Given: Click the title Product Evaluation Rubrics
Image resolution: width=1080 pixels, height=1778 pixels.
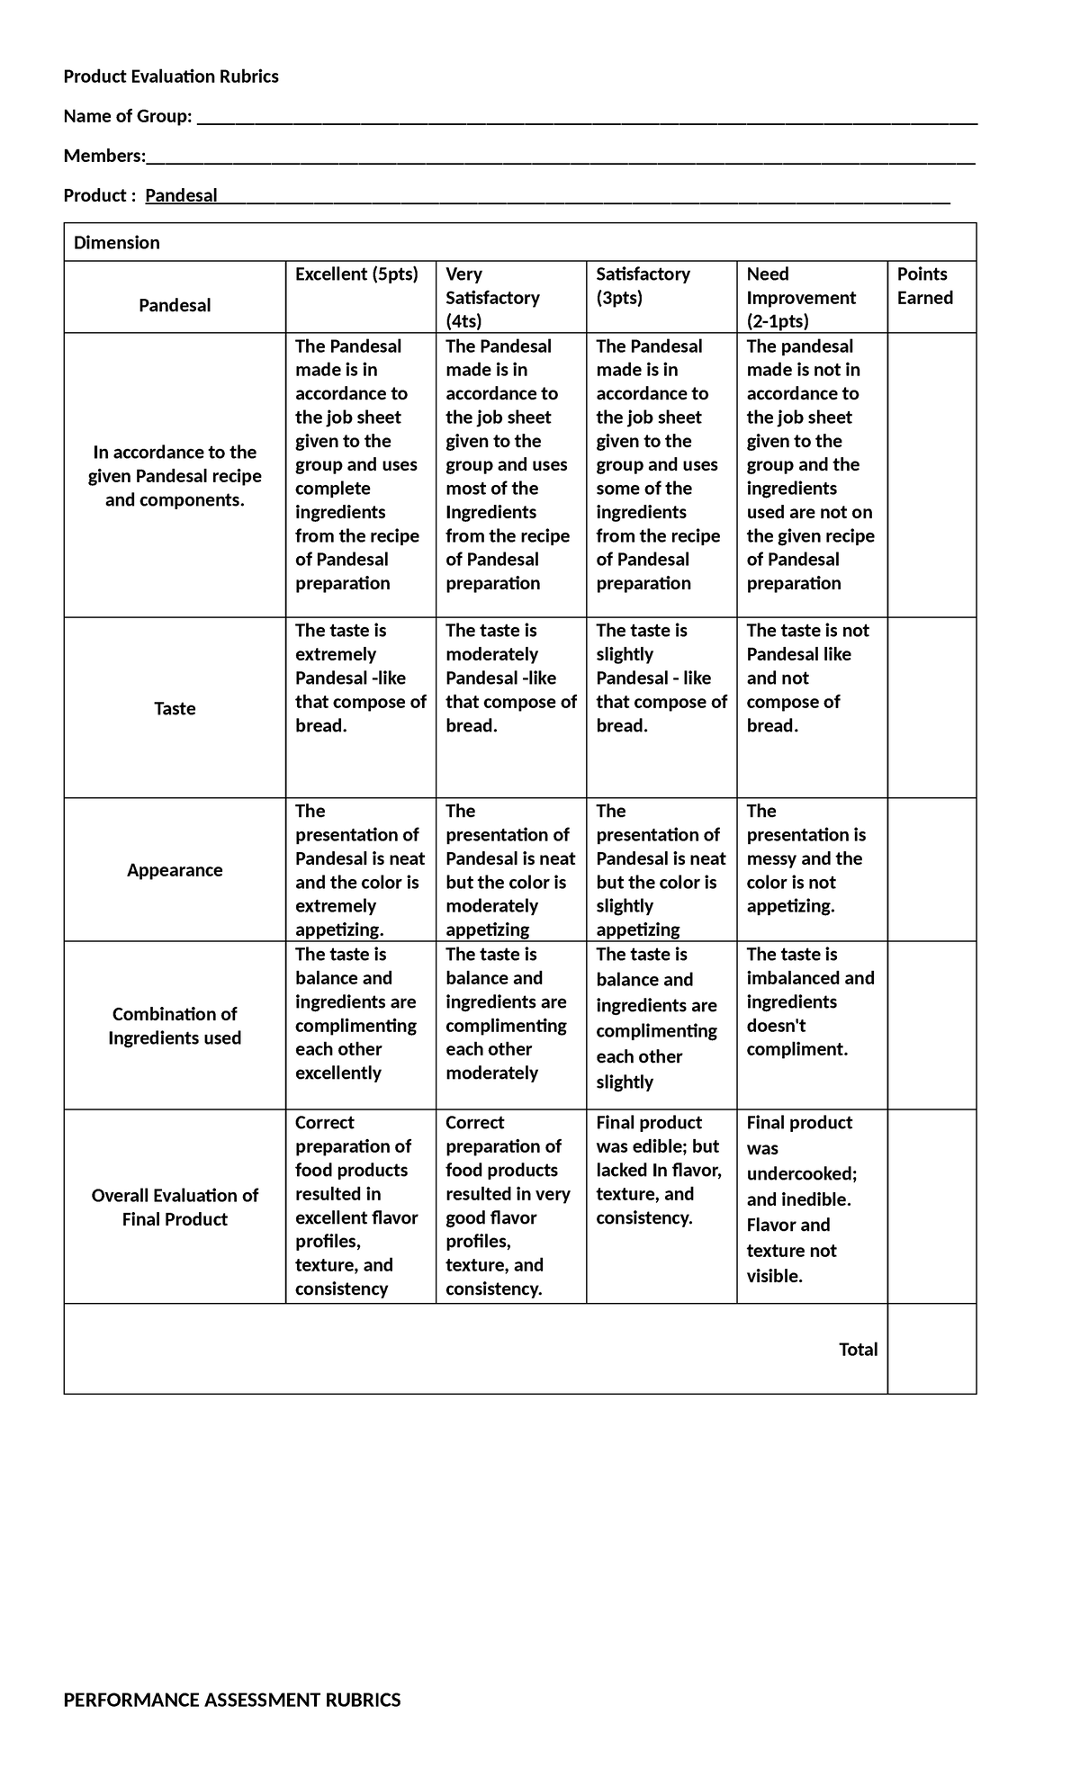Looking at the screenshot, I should [171, 76].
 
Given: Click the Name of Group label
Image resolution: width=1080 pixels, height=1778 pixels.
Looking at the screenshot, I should [128, 116].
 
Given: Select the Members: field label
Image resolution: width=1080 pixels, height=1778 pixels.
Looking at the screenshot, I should [104, 156].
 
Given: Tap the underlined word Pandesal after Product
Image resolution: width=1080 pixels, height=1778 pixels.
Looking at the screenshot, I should [181, 195].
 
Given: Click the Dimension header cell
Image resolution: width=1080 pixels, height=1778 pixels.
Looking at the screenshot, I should [117, 243].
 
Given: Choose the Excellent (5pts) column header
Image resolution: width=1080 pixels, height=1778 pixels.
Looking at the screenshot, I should [356, 274].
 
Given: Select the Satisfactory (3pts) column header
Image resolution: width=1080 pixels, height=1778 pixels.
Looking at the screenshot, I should [643, 285].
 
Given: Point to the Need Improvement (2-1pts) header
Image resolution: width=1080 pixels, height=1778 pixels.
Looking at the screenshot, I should [800, 297].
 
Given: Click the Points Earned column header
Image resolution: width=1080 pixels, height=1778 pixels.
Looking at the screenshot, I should [924, 285].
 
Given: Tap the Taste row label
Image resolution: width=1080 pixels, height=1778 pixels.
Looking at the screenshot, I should [175, 708].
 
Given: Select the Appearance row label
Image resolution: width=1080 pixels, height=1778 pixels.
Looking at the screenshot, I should [175, 870].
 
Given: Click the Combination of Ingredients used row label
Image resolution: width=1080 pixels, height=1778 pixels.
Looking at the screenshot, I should [175, 1026].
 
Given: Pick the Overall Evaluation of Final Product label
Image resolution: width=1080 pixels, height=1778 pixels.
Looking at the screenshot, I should [175, 1207].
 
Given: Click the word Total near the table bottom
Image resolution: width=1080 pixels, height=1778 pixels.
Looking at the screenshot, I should [858, 1349].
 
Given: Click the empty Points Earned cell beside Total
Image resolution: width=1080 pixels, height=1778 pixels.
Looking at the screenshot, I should [931, 1349].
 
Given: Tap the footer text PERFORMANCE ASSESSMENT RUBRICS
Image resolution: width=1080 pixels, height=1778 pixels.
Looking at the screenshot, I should [232, 1700].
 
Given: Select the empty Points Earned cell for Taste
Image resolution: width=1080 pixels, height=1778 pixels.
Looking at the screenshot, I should [931, 708].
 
